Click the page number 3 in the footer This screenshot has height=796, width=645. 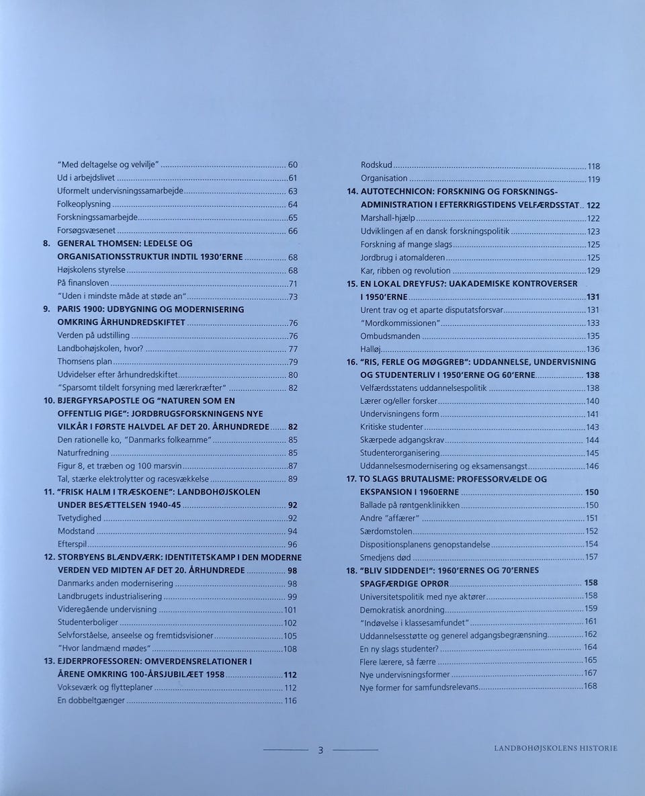[x=320, y=750]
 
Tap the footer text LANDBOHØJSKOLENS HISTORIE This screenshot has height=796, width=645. [x=555, y=748]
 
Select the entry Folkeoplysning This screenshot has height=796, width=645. [x=84, y=204]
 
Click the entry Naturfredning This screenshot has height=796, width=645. [x=83, y=453]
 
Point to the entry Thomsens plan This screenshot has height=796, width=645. [x=85, y=362]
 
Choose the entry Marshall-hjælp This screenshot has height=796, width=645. [x=388, y=218]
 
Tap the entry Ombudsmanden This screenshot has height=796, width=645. [x=390, y=336]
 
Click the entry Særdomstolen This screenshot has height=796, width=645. [x=385, y=531]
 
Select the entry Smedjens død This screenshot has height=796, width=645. [x=385, y=558]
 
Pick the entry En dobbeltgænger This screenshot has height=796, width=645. [x=91, y=701]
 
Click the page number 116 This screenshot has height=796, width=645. [x=290, y=701]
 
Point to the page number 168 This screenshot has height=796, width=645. [x=591, y=687]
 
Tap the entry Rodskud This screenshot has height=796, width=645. [x=376, y=165]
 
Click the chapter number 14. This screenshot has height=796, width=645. [x=351, y=191]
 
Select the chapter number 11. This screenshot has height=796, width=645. [x=48, y=492]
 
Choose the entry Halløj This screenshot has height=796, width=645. [x=372, y=349]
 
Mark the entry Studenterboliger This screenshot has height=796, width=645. [x=88, y=623]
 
